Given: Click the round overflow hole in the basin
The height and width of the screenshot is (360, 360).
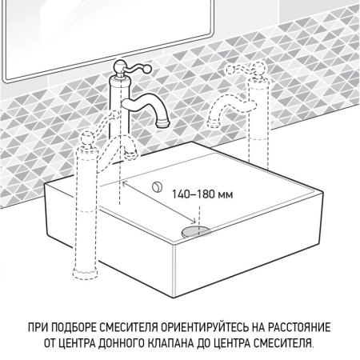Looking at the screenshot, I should click(158, 187).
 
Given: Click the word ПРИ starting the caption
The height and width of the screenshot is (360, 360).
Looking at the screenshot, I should click(35, 328).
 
